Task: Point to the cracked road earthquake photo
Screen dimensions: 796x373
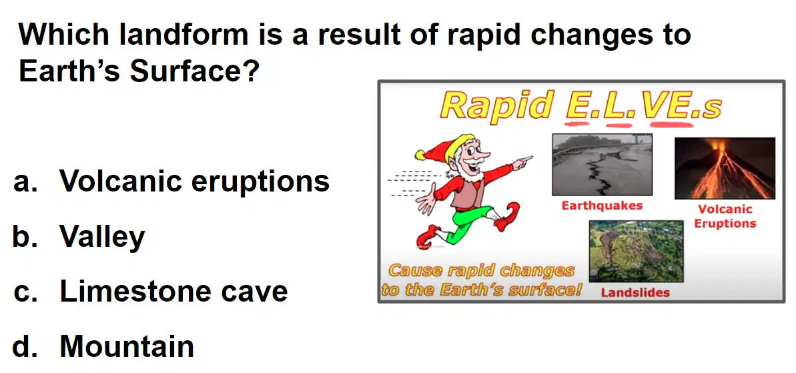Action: pos(602,164)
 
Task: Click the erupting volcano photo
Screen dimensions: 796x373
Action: pos(725,168)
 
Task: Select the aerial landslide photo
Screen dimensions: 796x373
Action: pos(636,251)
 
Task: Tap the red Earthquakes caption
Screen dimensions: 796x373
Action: pos(602,206)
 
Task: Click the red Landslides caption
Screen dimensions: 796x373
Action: pos(635,292)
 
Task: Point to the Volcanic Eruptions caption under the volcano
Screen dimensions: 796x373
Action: pos(725,216)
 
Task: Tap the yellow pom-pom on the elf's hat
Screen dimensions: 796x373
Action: pos(421,154)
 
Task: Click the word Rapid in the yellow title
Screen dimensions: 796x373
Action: pos(496,105)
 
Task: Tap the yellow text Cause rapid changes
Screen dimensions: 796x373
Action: pos(481,270)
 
